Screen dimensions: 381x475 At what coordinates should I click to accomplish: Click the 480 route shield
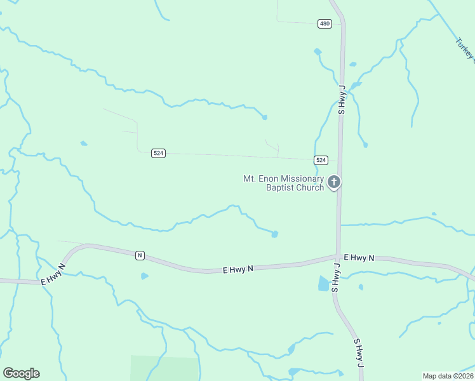click(x=324, y=23)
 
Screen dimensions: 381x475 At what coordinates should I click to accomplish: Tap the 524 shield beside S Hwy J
click(x=321, y=160)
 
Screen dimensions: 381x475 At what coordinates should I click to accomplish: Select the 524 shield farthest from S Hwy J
click(x=159, y=154)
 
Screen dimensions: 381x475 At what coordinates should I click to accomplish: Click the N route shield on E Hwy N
click(x=140, y=255)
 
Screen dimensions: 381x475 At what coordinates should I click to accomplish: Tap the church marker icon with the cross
click(x=334, y=183)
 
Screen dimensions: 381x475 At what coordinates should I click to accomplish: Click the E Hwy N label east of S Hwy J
click(x=359, y=257)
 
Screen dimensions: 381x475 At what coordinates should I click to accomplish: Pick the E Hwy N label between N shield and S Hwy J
click(x=238, y=269)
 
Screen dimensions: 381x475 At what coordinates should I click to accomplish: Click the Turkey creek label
click(x=464, y=50)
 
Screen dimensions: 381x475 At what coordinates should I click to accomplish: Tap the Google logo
click(x=21, y=373)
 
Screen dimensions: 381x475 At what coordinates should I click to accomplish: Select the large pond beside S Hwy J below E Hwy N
click(x=324, y=283)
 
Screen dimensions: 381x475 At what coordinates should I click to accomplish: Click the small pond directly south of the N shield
click(x=144, y=276)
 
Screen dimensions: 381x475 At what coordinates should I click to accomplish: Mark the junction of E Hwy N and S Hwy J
click(x=337, y=257)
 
